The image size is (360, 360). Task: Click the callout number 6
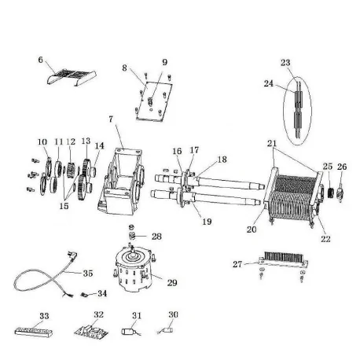[41, 59]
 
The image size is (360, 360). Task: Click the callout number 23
[285, 62]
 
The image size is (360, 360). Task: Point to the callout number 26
[341, 167]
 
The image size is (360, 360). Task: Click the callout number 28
[156, 235]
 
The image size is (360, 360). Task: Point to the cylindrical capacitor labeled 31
[130, 331]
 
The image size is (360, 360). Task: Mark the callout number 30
[174, 314]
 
